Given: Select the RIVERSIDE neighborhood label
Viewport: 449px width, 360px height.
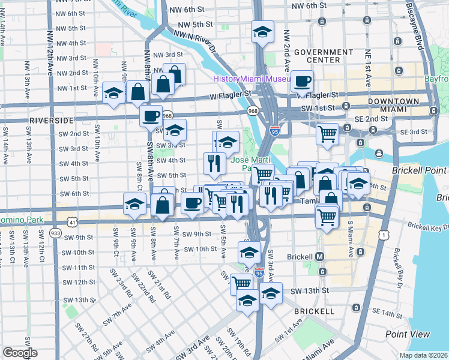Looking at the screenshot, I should [50, 120].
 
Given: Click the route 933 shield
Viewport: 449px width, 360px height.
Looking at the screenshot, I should [56, 233].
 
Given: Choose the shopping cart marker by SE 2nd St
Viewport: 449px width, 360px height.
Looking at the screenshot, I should [327, 133].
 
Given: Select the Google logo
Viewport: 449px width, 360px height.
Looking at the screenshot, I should [20, 353].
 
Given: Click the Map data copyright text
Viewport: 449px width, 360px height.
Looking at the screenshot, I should [424, 355].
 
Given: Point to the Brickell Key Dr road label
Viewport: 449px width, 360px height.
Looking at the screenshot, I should [428, 227].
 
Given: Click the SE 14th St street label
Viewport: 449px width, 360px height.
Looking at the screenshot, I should [387, 313].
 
